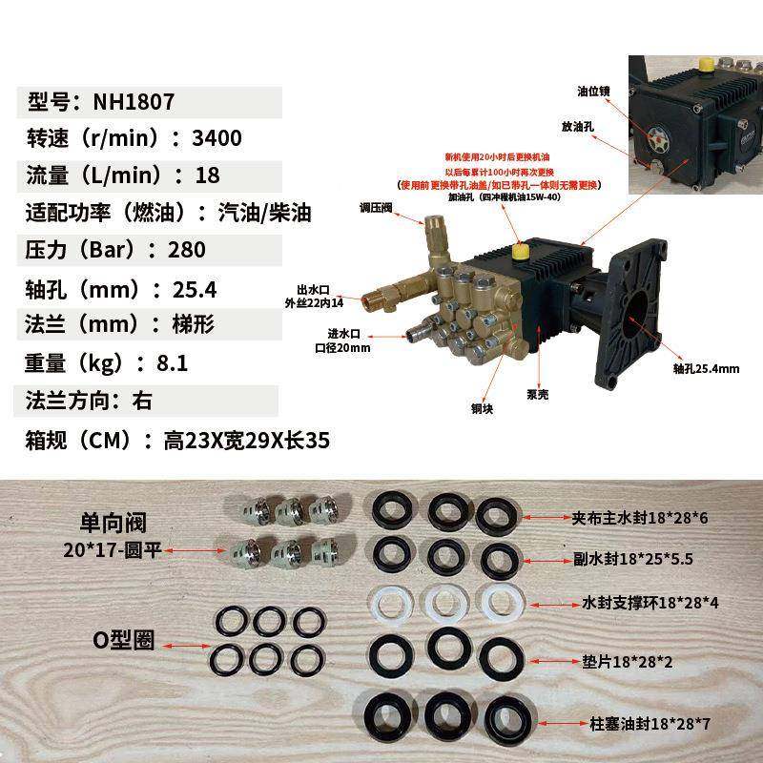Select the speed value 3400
pyautogui.click(x=217, y=139)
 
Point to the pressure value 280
pyautogui.click(x=187, y=250)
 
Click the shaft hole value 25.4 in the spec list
pyautogui.click(x=195, y=288)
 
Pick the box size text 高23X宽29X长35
pyautogui.click(x=247, y=441)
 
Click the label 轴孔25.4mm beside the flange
pyautogui.click(x=706, y=368)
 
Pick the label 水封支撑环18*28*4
pyautogui.click(x=651, y=603)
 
